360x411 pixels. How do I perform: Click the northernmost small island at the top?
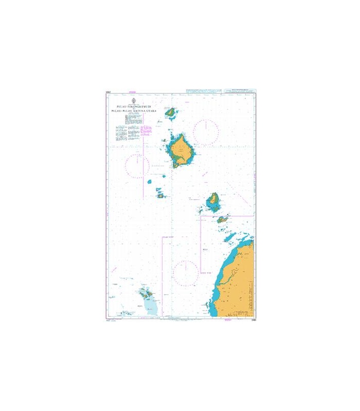tap(170, 111)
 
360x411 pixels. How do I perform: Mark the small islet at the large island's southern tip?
tap(176, 165)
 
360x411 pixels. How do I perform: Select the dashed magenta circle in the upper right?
tap(206, 133)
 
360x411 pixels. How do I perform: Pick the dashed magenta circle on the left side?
tap(137, 166)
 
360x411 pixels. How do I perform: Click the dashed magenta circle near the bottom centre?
tap(185, 273)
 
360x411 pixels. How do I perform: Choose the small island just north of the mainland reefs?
tap(222, 219)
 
